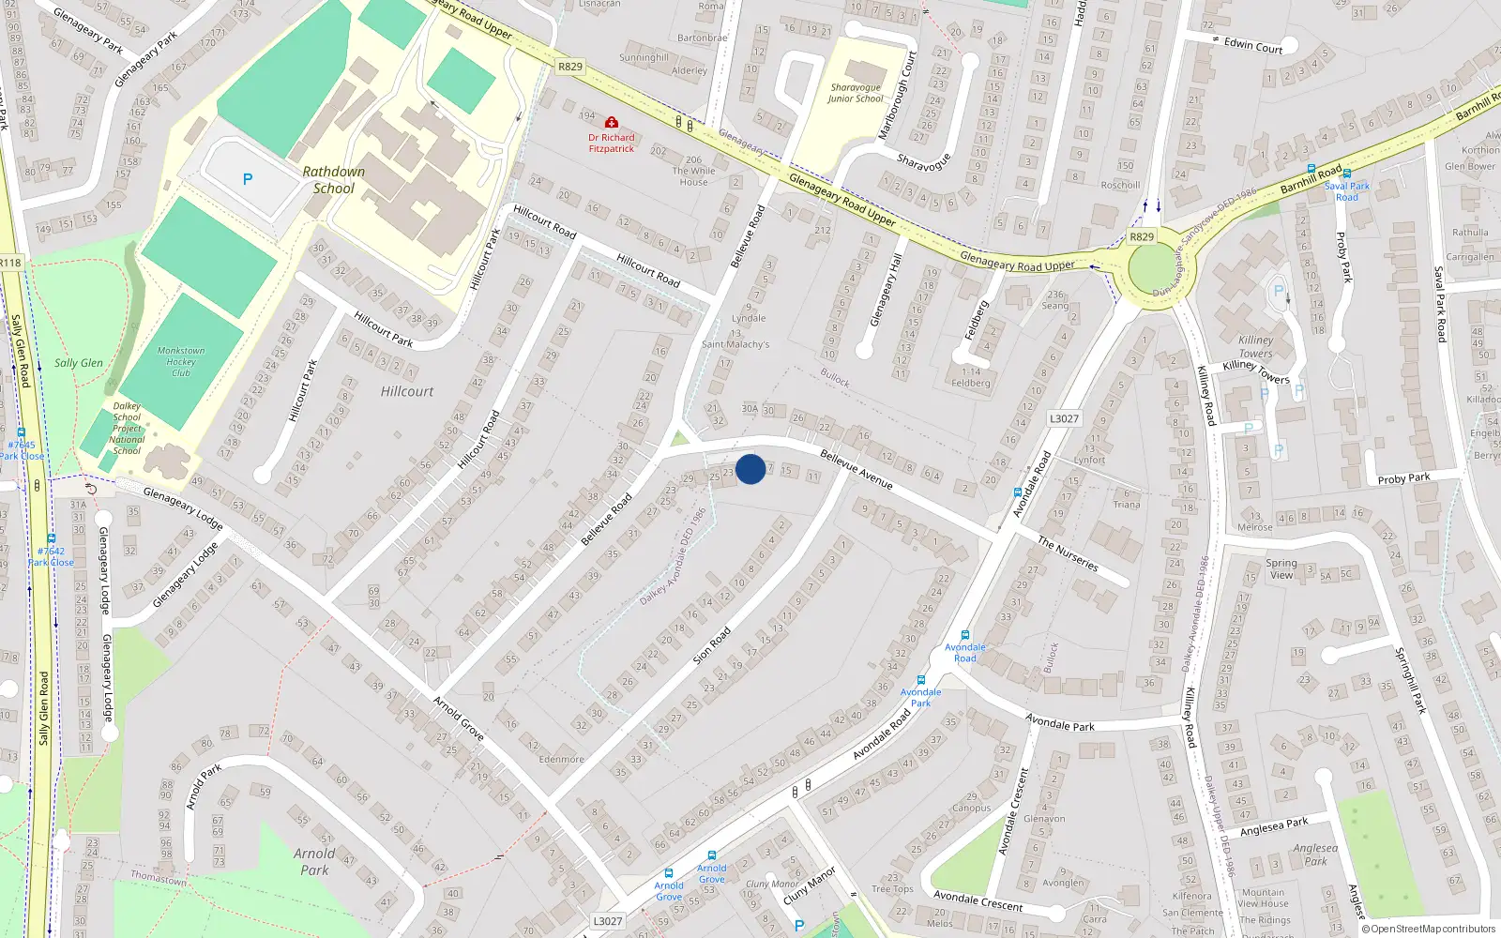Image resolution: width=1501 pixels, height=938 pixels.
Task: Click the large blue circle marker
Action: click(x=750, y=469)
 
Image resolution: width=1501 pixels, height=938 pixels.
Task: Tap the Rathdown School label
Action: click(x=334, y=180)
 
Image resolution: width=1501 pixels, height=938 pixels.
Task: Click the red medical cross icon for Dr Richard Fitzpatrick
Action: click(x=612, y=123)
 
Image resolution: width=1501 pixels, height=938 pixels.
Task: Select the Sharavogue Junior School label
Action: click(x=855, y=93)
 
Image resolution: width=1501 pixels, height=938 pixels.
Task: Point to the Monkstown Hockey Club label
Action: click(x=181, y=361)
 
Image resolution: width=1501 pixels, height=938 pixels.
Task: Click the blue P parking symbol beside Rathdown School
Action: click(x=248, y=179)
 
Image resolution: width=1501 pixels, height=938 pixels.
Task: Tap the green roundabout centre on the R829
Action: click(x=1151, y=270)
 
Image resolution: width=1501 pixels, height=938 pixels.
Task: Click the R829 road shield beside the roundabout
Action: click(x=1142, y=236)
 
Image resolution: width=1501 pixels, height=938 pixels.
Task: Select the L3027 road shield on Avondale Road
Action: click(x=1064, y=418)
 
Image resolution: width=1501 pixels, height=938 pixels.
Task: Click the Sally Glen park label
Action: click(x=79, y=363)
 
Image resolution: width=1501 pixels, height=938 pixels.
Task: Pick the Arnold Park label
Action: click(x=314, y=861)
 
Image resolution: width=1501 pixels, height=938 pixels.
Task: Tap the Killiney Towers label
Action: click(x=1255, y=347)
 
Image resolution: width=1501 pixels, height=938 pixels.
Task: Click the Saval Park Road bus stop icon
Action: click(x=1311, y=169)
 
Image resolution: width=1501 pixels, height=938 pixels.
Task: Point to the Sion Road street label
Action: click(x=712, y=646)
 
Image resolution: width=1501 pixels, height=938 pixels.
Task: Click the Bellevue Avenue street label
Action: click(x=856, y=468)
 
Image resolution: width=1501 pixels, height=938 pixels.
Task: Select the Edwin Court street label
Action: click(x=1252, y=45)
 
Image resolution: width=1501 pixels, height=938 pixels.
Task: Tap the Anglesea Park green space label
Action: click(x=1315, y=855)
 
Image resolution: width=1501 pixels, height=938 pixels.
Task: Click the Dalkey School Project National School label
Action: click(x=127, y=429)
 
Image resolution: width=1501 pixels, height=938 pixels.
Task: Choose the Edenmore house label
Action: click(x=561, y=759)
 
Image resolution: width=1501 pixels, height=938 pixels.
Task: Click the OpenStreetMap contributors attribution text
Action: click(x=1429, y=930)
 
